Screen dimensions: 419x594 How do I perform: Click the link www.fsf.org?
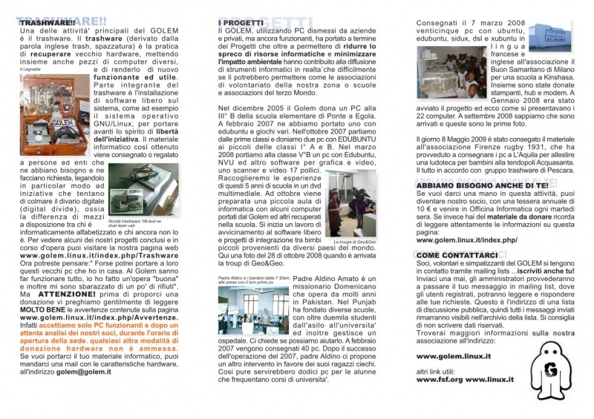click(440, 380)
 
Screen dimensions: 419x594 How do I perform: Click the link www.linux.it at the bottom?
click(491, 380)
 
